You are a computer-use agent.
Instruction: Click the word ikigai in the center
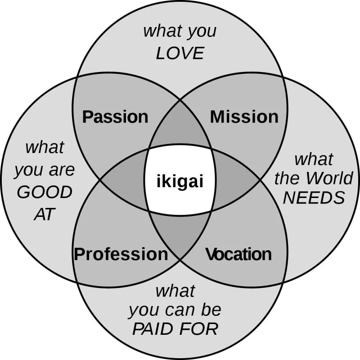pyautogui.click(x=180, y=182)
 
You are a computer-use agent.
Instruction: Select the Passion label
pyautogui.click(x=115, y=117)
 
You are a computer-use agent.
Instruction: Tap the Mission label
pyautogui.click(x=244, y=117)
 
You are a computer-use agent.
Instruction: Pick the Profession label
pyautogui.click(x=121, y=254)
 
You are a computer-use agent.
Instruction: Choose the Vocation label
pyautogui.click(x=238, y=254)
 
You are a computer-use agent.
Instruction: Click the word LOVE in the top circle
pyautogui.click(x=180, y=54)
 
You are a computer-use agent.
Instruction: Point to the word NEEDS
pyautogui.click(x=314, y=198)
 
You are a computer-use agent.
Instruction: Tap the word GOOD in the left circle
pyautogui.click(x=45, y=193)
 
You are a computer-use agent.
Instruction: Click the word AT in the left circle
pyautogui.click(x=44, y=214)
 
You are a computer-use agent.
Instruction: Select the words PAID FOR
pyautogui.click(x=175, y=329)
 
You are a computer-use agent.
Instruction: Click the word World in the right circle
pyautogui.click(x=329, y=178)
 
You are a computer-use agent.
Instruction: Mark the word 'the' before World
pyautogui.click(x=287, y=178)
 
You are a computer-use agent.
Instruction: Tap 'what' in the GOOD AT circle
pyautogui.click(x=45, y=147)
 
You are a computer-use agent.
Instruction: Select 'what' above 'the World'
pyautogui.click(x=314, y=159)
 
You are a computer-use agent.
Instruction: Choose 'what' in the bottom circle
pyautogui.click(x=175, y=291)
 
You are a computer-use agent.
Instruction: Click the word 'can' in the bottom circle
pyautogui.click(x=182, y=310)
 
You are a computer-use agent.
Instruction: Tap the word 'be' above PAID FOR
pyautogui.click(x=211, y=310)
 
